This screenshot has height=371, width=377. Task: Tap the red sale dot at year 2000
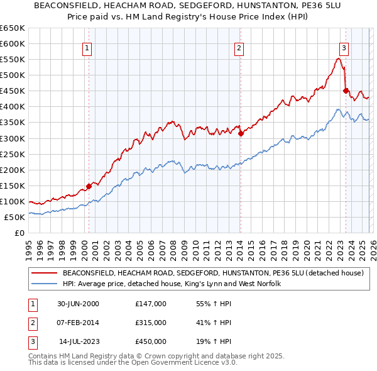point(89,185)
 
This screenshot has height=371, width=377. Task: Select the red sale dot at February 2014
point(241,133)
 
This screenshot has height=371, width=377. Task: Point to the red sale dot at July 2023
point(346,91)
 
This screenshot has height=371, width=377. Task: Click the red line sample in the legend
point(45,273)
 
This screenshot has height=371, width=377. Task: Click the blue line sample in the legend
point(45,284)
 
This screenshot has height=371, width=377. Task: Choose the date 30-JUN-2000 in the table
point(79,303)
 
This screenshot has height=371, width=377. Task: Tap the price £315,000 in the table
point(151,323)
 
